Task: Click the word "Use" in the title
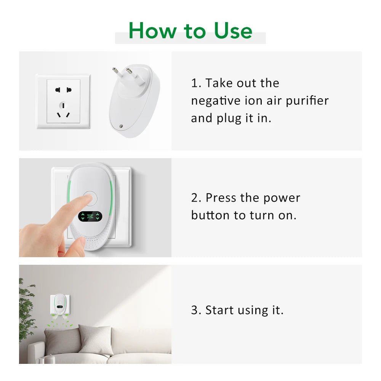pyautogui.click(x=233, y=30)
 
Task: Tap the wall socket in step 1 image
pyautogui.click(x=63, y=101)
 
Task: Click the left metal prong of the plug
pyautogui.click(x=115, y=71)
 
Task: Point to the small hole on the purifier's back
pyautogui.click(x=121, y=125)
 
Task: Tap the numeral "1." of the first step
pyautogui.click(x=196, y=83)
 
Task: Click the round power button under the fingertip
pyautogui.click(x=90, y=198)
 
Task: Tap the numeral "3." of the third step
pyautogui.click(x=196, y=310)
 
